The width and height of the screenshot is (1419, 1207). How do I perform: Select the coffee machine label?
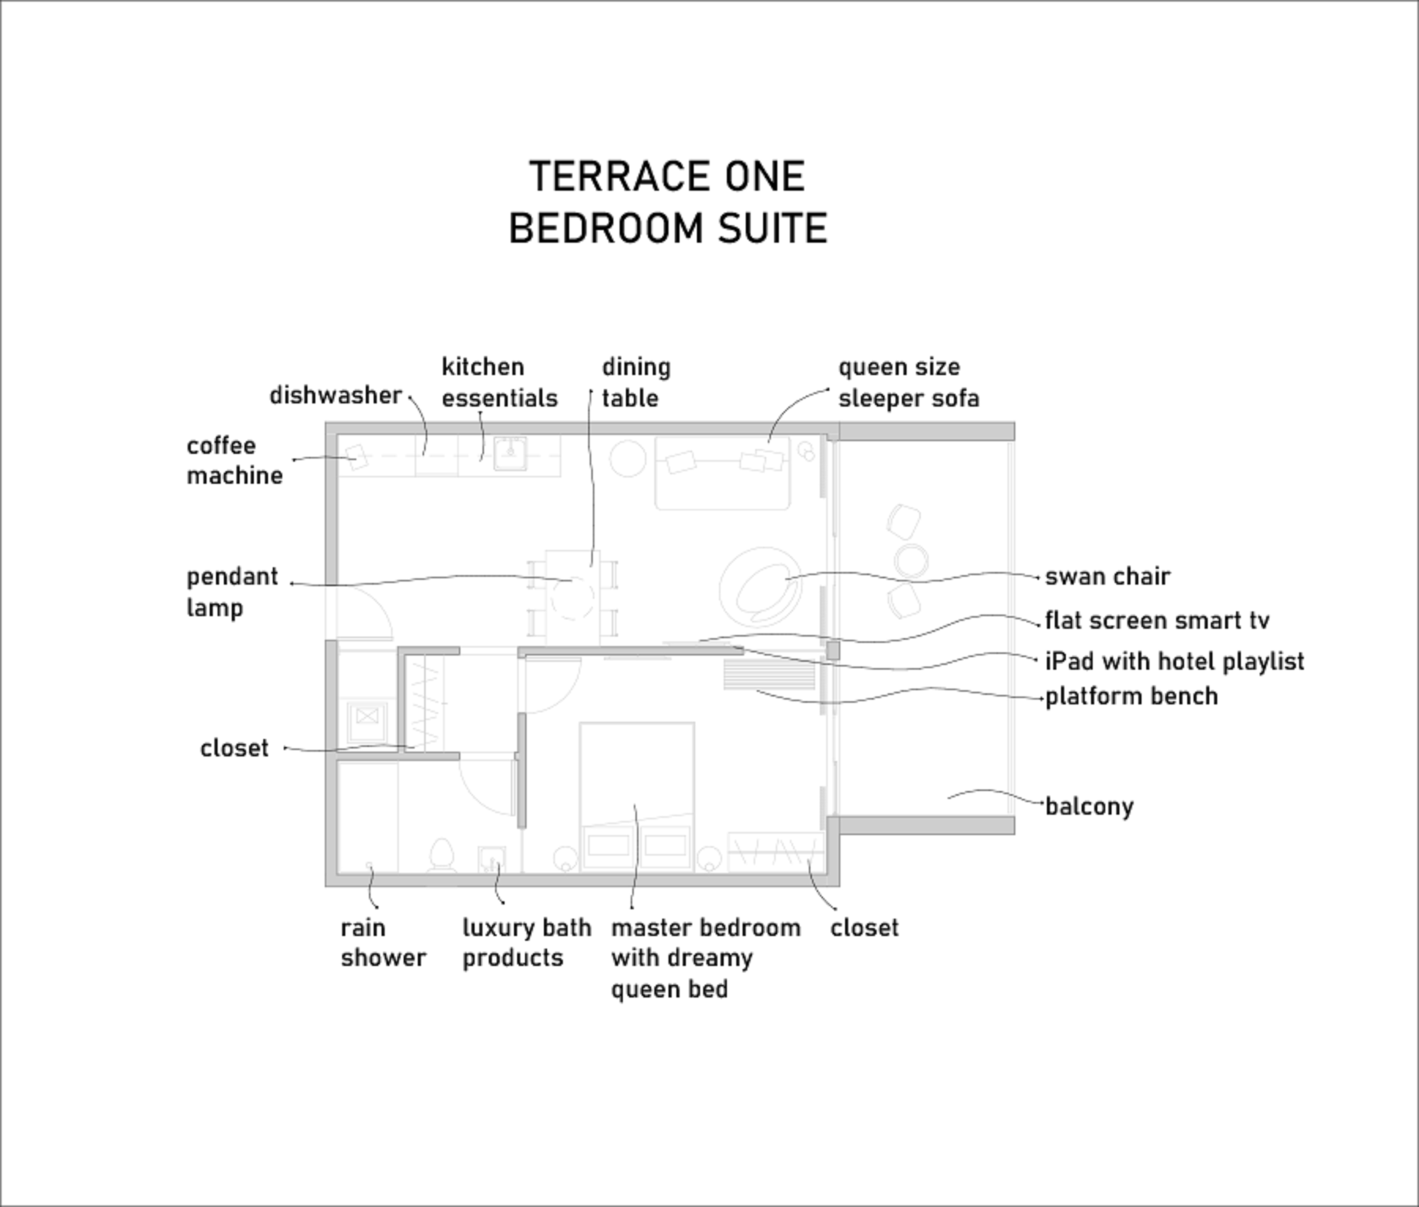[x=234, y=460]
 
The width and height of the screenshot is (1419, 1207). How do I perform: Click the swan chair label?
[x=1107, y=577]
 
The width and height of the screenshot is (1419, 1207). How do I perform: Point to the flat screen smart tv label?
[x=1157, y=621]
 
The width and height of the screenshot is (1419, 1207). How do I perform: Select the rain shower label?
[x=382, y=943]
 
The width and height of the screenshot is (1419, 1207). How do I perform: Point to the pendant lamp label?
[x=232, y=592]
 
